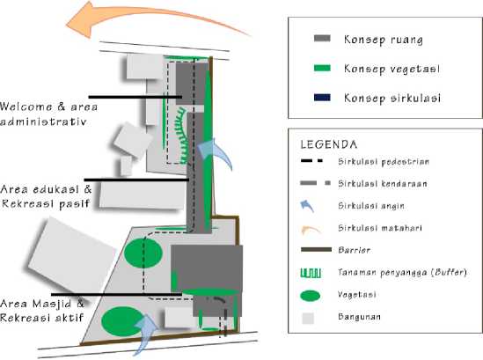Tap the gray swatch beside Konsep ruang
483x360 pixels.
tap(322, 39)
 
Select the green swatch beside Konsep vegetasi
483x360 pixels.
tap(322, 68)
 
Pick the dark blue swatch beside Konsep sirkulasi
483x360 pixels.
tap(322, 98)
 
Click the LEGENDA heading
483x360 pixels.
tap(329, 144)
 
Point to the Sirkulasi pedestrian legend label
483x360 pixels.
tap(384, 161)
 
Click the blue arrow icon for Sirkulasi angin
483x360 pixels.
tap(307, 206)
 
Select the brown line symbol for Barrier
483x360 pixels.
tap(316, 250)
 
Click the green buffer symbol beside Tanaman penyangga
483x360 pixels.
tap(311, 273)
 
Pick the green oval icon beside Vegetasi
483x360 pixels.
tap(311, 296)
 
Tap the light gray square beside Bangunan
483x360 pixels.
tap(308, 318)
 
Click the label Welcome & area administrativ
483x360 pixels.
tap(48, 114)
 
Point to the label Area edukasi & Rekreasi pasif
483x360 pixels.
tap(47, 196)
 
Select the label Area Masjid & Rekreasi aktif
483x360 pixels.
tap(42, 311)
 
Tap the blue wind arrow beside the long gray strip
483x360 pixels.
tap(216, 152)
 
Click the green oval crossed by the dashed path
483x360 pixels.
tap(143, 253)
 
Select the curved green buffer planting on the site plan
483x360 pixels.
tap(181, 136)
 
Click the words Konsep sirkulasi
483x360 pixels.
tap(392, 98)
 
